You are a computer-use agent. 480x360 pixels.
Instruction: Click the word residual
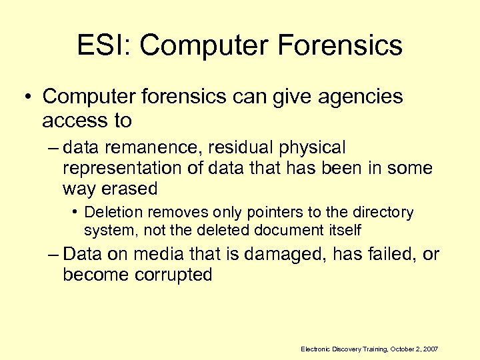[x=218, y=147]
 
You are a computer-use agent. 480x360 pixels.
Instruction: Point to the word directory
[x=383, y=213]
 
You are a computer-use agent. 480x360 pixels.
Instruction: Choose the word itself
[x=345, y=230]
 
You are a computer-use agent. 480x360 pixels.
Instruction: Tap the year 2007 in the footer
[x=430, y=349]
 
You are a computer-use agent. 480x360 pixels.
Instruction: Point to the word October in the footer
[x=403, y=349]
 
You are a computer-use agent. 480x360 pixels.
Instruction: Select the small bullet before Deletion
[x=77, y=213]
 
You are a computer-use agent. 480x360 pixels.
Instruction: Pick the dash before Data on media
[x=53, y=254]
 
